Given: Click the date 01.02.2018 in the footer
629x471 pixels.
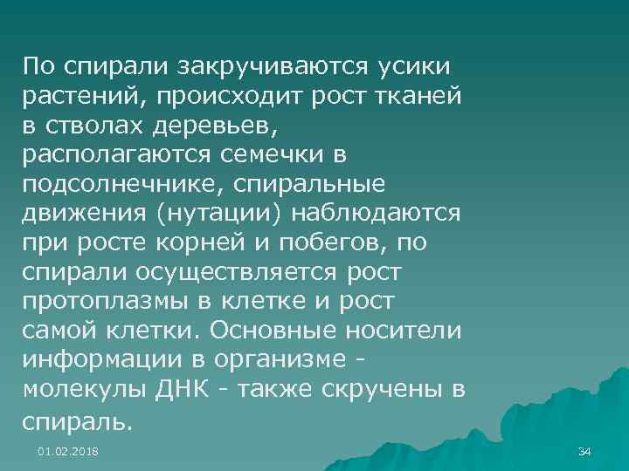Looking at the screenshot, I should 68,451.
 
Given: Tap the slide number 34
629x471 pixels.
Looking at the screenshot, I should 585,451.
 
